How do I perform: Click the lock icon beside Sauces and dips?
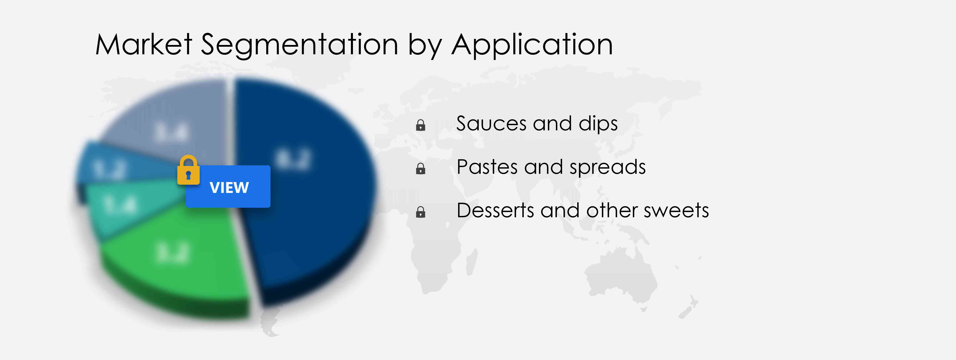421,125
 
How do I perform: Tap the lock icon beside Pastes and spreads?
421,169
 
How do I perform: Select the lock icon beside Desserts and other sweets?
421,212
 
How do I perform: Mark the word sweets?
676,211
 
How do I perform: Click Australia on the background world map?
620,275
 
